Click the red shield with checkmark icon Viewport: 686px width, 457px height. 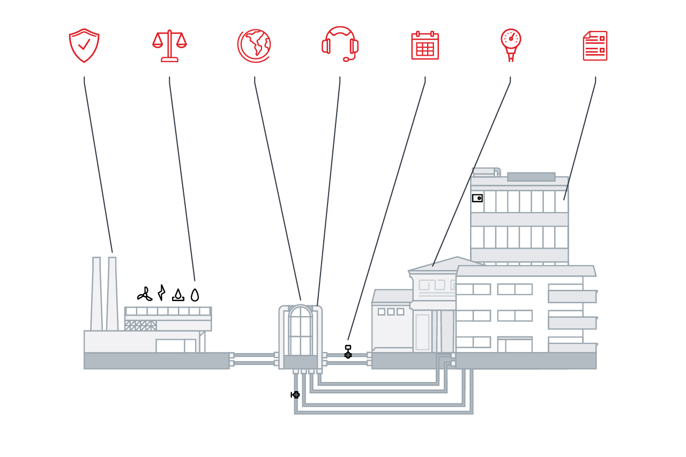[x=84, y=46]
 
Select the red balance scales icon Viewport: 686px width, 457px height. [x=169, y=46]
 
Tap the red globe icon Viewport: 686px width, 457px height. [x=254, y=46]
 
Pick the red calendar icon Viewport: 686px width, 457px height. [x=425, y=46]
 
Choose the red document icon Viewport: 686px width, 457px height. [x=595, y=46]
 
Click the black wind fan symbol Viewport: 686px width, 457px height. [x=144, y=294]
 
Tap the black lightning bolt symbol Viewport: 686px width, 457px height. [x=161, y=293]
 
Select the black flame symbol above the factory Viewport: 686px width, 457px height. [x=178, y=295]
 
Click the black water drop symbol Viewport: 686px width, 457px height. [x=195, y=295]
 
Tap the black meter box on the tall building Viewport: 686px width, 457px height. [x=477, y=198]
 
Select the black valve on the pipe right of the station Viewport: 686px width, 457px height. [x=348, y=353]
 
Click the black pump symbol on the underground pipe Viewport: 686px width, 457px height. [x=295, y=395]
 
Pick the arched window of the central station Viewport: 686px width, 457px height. [x=300, y=329]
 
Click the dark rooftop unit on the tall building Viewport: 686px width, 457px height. [x=531, y=177]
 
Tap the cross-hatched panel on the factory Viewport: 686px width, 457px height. [x=141, y=326]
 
